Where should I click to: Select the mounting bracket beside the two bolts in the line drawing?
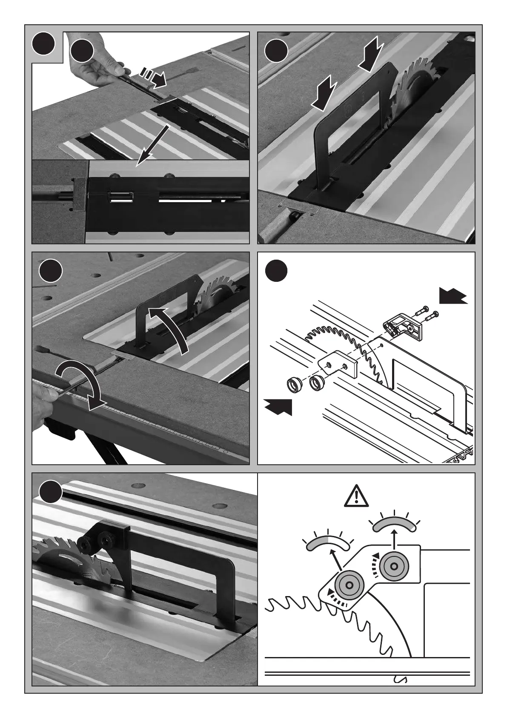[403, 326]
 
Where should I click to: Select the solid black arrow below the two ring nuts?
[279, 407]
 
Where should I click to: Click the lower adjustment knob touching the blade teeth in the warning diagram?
[348, 585]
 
